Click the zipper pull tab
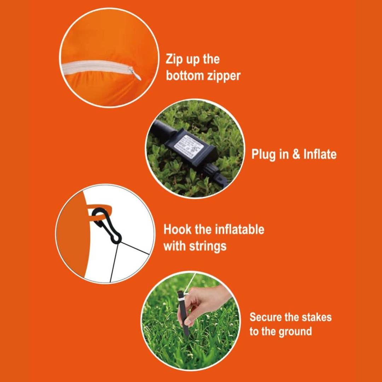(135, 74)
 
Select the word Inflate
(320, 154)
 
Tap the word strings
(208, 246)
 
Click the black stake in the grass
(184, 313)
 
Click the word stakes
(317, 317)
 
